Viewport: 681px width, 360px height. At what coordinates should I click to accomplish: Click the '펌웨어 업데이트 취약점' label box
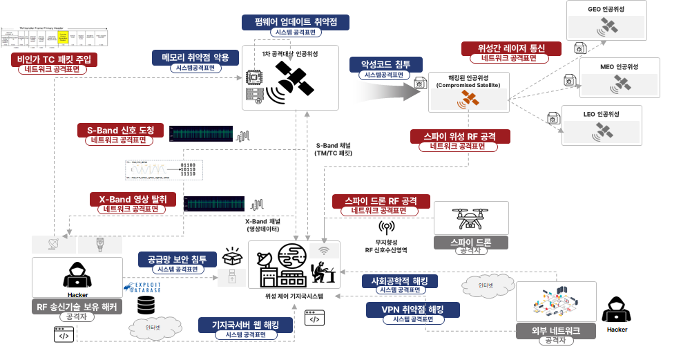(296, 22)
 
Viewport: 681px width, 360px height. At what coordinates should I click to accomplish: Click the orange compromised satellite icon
(470, 99)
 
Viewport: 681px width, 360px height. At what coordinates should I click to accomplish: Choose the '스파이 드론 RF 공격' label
(381, 201)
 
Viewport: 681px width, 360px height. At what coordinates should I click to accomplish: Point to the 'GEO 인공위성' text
(605, 9)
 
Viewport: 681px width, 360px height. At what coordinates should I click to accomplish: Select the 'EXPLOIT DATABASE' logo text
(144, 287)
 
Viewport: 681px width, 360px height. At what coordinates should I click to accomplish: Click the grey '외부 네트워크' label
(557, 331)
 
